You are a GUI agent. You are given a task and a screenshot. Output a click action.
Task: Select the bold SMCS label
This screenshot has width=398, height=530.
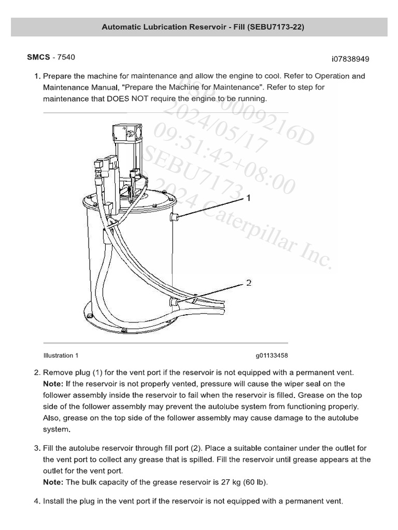click(38, 57)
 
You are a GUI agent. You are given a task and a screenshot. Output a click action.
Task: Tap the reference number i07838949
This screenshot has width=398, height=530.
click(350, 59)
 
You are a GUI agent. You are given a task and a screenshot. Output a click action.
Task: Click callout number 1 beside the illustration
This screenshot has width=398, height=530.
click(249, 198)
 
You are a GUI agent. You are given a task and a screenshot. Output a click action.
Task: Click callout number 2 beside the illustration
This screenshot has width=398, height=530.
click(249, 283)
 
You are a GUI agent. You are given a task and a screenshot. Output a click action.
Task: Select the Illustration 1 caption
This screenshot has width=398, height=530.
click(61, 356)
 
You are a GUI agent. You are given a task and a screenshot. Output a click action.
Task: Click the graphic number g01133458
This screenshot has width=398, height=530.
click(271, 356)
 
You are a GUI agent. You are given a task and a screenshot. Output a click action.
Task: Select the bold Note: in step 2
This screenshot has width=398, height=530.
click(53, 384)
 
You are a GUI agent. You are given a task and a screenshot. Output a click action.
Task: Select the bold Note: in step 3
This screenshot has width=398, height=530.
click(53, 482)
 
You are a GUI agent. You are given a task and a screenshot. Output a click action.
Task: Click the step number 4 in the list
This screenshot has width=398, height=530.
click(37, 501)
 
